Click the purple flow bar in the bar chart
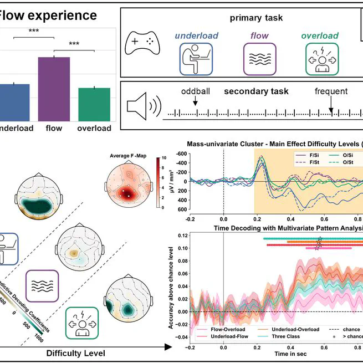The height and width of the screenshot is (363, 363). coord(54,89)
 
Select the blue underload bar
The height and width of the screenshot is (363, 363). coord(13,102)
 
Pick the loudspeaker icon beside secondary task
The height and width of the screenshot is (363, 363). coord(141,106)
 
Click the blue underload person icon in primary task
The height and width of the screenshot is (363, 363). coord(196,59)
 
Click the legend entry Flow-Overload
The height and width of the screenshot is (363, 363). coord(213,329)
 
